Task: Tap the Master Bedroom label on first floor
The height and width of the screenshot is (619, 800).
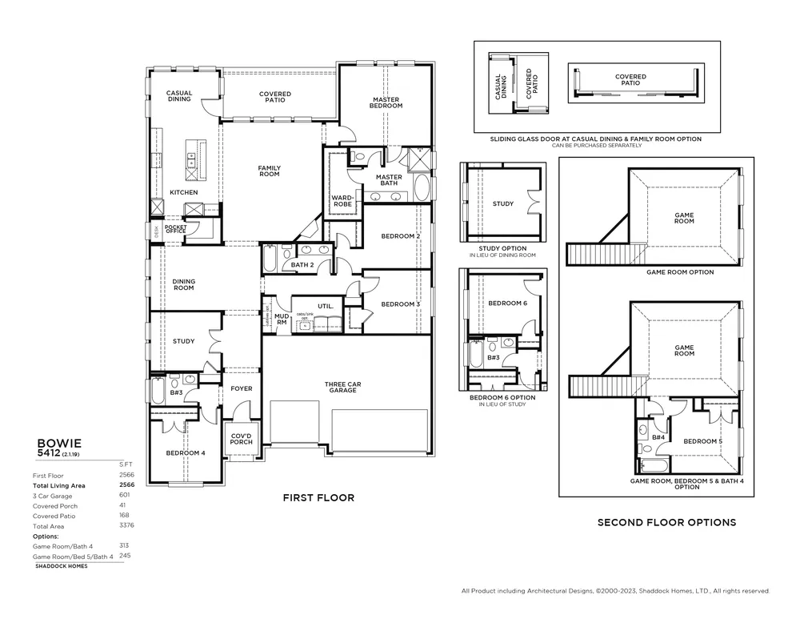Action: tap(386, 102)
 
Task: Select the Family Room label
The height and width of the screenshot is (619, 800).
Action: tap(269, 171)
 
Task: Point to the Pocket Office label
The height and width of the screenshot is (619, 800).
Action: tap(175, 229)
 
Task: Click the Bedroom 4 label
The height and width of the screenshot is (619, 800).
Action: tap(185, 452)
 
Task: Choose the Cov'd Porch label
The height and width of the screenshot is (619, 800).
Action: tap(241, 439)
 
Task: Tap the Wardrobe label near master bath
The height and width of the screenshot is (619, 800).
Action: tap(342, 200)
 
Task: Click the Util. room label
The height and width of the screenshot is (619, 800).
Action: tap(325, 306)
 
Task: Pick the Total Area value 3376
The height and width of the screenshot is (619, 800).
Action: tap(126, 526)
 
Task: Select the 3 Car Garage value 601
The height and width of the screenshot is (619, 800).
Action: tap(125, 495)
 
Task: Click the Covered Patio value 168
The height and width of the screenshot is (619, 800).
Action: tap(125, 516)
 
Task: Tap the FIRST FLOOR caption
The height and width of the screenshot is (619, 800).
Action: tap(318, 497)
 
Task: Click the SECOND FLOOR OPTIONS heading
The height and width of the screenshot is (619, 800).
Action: tap(666, 522)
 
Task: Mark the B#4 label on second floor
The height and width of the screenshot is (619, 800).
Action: tap(658, 437)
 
